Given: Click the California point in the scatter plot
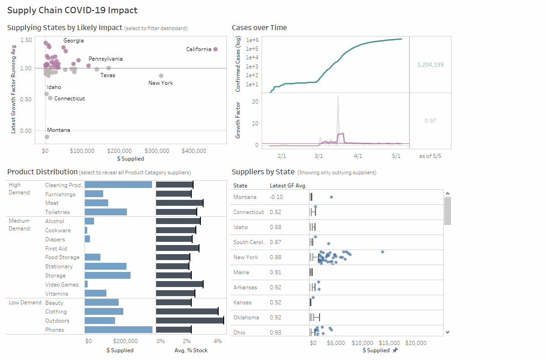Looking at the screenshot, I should pos(215,49).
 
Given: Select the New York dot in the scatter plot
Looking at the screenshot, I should pos(161,76).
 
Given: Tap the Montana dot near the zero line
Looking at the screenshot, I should pos(47,137).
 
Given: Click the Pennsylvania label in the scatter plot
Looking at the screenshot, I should pos(105,59).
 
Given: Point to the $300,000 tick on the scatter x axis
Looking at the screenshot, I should pos(157,151).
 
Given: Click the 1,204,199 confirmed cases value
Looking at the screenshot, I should pos(430,65).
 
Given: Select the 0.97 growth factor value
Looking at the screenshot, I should pos(430,120).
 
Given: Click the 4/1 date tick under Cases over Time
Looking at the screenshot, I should pos(358,156).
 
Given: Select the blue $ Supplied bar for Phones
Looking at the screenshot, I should pos(119,330).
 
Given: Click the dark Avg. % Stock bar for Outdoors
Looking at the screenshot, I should pos(189,321).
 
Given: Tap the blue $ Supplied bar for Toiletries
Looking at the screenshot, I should pos(106,212).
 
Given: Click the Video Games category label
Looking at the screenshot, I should pos(62,285).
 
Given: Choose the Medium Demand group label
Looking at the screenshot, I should pos(19,224).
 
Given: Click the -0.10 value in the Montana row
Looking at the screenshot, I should pos(276,197).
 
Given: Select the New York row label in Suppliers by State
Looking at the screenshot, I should pos(246,257).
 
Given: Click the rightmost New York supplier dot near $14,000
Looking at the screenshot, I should pos(383,252).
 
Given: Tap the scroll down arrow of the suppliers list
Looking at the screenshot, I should pos(447,332).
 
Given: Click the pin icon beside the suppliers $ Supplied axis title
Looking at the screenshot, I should pos(395,350).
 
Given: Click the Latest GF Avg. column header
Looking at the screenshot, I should pos(288,186).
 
